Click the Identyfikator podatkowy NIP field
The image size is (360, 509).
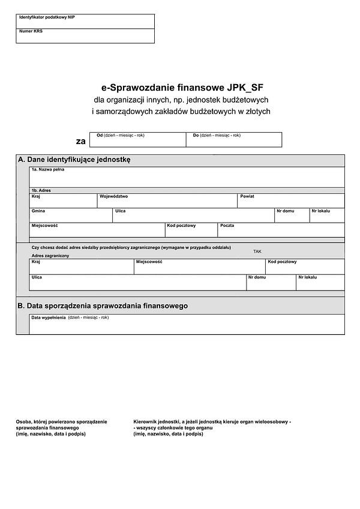(85, 23)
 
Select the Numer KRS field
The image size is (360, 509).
(85, 37)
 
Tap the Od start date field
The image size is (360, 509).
(137, 141)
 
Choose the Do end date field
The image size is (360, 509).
(233, 141)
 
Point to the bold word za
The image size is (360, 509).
(80, 142)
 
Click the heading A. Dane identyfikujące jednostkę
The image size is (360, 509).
(74, 160)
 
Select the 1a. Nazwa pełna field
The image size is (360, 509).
(187, 179)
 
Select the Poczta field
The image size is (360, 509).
(281, 231)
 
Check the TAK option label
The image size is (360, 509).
(257, 251)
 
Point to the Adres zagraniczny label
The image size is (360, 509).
(50, 256)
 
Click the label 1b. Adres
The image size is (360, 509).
(41, 190)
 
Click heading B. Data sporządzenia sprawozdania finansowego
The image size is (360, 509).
(103, 306)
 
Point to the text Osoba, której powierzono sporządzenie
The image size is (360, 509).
(61, 422)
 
